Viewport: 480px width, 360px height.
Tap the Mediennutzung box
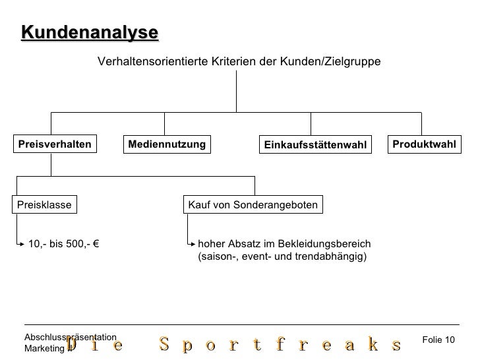coord(167,144)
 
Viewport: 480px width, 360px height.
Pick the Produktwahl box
coord(424,144)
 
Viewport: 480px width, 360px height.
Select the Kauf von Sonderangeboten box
coord(253,205)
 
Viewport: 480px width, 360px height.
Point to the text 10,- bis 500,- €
coord(63,243)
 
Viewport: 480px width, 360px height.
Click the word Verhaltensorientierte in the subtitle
coord(153,61)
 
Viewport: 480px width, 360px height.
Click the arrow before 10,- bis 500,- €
coord(20,244)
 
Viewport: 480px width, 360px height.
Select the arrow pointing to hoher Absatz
coord(191,243)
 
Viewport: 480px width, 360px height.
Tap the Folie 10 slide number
coord(438,339)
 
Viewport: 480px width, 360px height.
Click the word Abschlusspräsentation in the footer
coord(70,336)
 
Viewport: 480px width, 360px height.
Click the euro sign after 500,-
coord(96,243)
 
